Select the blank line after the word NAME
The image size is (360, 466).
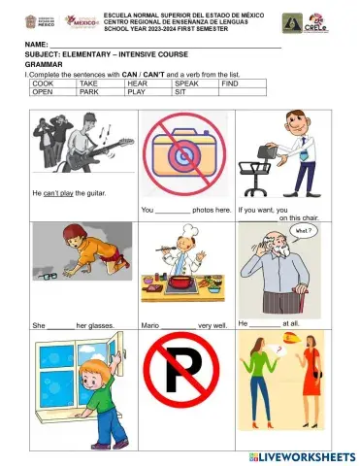165,46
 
